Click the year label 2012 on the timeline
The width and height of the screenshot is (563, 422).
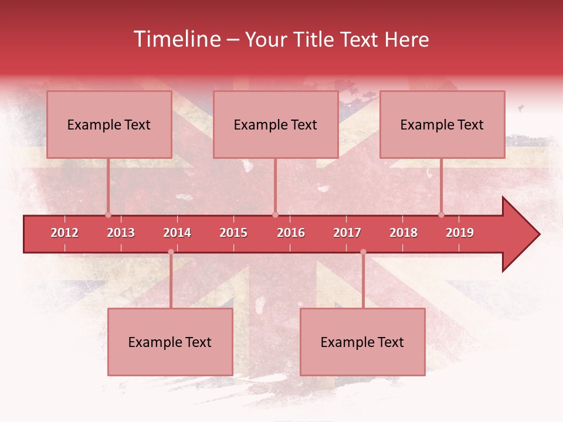pos(65,233)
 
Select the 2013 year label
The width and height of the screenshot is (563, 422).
pos(121,233)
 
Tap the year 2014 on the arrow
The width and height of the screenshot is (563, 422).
pos(177,233)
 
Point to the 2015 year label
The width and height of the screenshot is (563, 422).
pos(233,233)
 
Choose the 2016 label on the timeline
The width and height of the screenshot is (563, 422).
pos(291,233)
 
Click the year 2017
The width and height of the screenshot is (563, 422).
pos(347,233)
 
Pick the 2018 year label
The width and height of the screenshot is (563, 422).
pos(403,233)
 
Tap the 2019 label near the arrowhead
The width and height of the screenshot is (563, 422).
pos(460,233)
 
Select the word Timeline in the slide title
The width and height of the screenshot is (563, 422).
pos(177,39)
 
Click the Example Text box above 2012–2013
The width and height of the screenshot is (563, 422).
pos(109,124)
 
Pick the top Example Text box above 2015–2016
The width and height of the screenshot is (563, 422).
pos(276,124)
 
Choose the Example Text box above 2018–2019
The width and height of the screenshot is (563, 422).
pos(442,124)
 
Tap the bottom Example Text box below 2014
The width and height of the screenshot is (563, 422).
pos(170,342)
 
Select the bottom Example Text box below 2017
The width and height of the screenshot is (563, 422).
pos(362,342)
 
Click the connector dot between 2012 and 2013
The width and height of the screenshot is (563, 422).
pos(108,215)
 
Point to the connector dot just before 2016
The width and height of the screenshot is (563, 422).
pos(275,215)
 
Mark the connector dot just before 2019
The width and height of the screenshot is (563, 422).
pos(442,215)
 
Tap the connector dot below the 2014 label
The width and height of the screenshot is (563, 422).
pos(171,252)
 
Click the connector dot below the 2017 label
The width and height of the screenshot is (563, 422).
pos(363,252)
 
